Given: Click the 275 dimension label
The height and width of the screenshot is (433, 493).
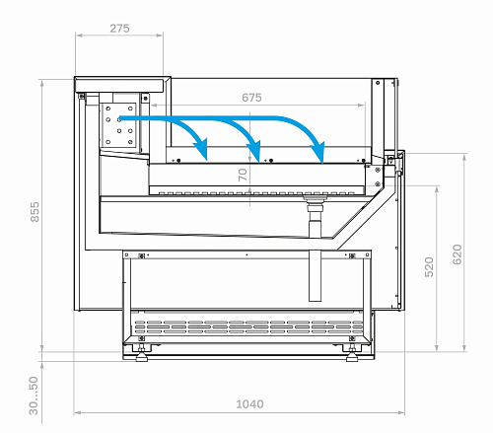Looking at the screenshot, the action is (119, 29).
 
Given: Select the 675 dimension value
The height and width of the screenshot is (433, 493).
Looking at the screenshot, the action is (251, 98).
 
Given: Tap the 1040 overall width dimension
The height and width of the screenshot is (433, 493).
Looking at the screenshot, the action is (249, 404).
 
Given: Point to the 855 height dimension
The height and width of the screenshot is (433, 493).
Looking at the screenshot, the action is (35, 212).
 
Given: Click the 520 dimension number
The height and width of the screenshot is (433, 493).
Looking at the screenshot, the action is (429, 267).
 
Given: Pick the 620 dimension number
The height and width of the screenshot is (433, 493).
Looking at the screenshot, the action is (458, 254).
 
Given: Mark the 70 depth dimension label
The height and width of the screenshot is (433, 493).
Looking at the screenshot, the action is (243, 175).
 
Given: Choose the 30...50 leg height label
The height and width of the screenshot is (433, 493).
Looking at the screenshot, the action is (34, 396).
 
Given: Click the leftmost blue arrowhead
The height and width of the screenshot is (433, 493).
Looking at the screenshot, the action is (201, 149).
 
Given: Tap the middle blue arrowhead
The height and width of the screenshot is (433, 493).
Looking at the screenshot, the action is (254, 151).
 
